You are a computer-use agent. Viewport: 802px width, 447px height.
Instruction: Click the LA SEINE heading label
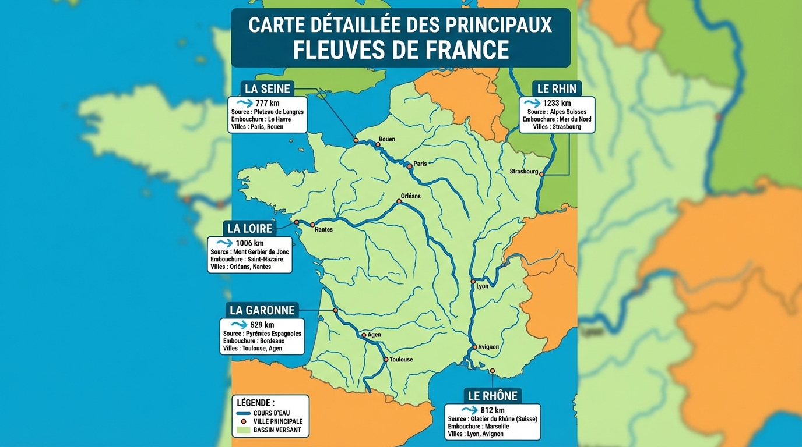(268, 88)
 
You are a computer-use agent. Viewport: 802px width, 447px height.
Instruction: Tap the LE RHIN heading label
(557, 88)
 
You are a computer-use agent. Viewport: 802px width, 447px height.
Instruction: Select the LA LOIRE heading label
(250, 228)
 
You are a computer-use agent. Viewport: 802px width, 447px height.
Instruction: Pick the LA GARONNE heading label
(262, 310)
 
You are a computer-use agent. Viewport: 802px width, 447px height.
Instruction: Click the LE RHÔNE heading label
(493, 396)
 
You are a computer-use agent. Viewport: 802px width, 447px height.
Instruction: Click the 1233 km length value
(557, 103)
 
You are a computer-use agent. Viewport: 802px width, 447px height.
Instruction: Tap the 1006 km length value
(249, 243)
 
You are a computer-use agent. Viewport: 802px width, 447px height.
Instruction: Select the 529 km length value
(262, 324)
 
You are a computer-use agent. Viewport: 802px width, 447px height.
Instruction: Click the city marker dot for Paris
(410, 166)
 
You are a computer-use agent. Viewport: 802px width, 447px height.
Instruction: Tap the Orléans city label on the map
(410, 196)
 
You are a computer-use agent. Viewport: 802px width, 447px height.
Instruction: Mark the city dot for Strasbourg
(542, 173)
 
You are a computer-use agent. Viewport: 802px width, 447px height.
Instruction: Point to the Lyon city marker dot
(473, 281)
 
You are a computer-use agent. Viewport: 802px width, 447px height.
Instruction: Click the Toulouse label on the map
(401, 360)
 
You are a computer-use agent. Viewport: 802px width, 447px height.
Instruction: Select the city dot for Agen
(364, 335)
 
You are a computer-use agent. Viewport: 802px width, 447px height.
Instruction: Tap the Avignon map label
(488, 347)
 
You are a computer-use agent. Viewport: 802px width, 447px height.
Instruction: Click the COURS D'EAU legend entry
(271, 413)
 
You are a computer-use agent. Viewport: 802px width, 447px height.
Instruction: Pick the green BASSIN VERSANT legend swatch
(244, 430)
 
